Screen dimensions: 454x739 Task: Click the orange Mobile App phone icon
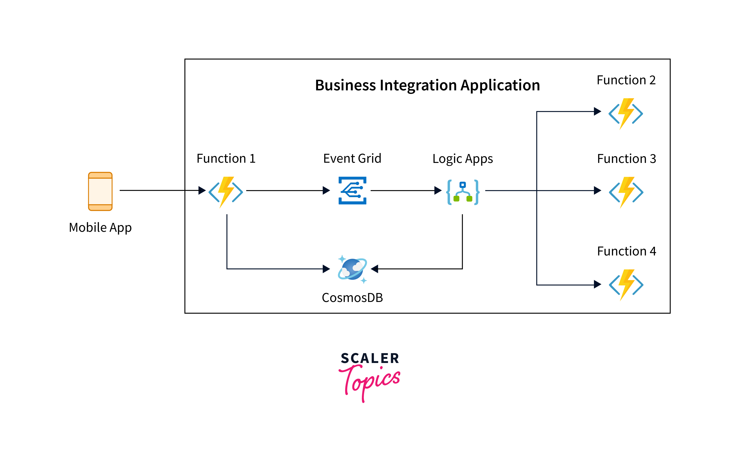(100, 191)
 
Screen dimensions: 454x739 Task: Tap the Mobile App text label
(100, 227)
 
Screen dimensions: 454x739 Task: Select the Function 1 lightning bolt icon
(226, 192)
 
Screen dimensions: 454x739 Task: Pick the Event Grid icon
(352, 191)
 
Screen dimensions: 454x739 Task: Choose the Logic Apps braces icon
(463, 192)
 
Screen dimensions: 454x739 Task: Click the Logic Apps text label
(463, 159)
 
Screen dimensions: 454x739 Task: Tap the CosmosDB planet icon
(352, 269)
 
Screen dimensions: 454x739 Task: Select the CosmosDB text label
(352, 298)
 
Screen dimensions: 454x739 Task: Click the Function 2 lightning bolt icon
(626, 113)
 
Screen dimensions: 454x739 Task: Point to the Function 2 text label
(626, 80)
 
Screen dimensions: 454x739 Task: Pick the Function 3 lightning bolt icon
(626, 192)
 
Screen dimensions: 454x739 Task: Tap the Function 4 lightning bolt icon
(626, 285)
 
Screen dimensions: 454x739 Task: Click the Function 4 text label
(626, 251)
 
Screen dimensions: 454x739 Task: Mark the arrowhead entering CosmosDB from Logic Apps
(374, 269)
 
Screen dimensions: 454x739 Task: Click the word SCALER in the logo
(370, 358)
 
